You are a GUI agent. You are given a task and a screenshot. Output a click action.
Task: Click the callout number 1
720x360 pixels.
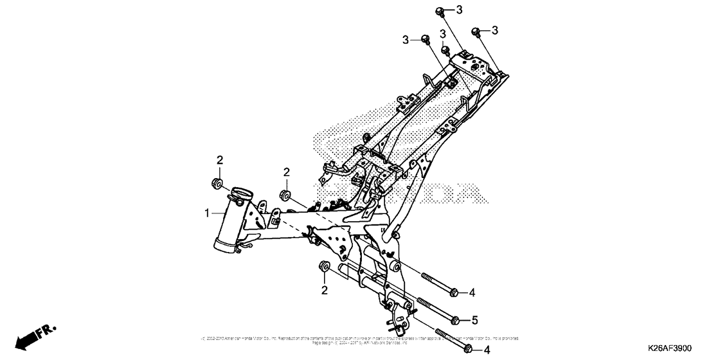pyautogui.click(x=207, y=213)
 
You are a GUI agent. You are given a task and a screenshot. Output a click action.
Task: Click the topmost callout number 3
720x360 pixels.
pyautogui.click(x=459, y=10)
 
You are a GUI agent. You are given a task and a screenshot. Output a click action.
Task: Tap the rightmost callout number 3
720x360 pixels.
pyautogui.click(x=495, y=30)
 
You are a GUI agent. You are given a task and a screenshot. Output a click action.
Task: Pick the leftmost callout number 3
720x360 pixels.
pyautogui.click(x=406, y=40)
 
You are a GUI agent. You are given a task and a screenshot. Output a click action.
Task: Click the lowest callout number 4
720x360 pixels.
pyautogui.click(x=487, y=350)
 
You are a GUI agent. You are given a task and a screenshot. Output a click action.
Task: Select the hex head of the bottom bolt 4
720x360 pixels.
pyautogui.click(x=467, y=350)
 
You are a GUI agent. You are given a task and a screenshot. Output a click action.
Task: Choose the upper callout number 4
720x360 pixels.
pyautogui.click(x=472, y=292)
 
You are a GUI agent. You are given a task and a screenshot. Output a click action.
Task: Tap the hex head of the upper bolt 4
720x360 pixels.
pyautogui.click(x=454, y=293)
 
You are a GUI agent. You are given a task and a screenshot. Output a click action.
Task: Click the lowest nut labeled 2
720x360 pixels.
pyautogui.click(x=324, y=267)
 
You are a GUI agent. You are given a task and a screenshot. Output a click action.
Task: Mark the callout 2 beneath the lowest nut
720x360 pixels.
pyautogui.click(x=325, y=291)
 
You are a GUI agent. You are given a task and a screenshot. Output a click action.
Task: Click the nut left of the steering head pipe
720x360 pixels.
pyautogui.click(x=218, y=185)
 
